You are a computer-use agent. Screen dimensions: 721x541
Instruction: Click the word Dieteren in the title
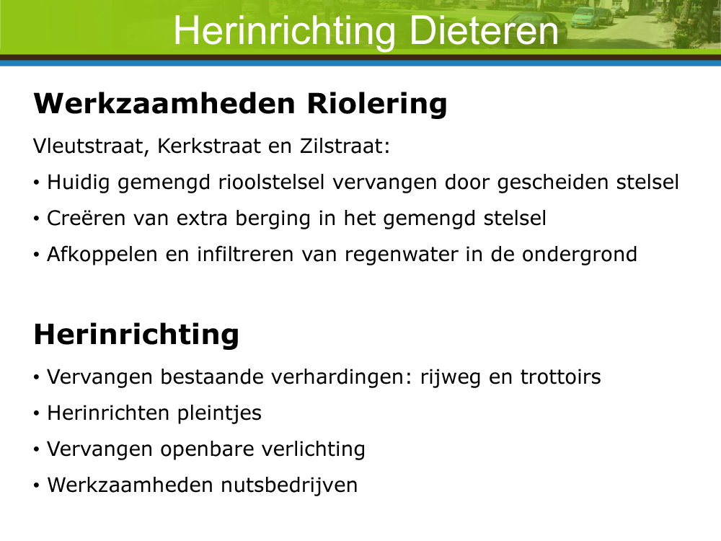point(484,30)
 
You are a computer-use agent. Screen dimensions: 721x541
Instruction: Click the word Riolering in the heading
point(377,104)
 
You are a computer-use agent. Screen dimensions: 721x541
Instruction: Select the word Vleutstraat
point(91,146)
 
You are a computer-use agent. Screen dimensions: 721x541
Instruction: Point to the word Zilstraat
point(345,146)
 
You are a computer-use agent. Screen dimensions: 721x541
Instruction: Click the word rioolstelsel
point(271,182)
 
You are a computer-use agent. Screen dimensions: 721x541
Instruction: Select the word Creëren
point(86,218)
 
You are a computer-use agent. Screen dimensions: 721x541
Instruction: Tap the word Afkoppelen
point(102,255)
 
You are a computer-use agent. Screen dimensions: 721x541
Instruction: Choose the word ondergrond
point(580,255)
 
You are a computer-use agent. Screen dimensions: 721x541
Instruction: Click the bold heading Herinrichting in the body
point(136,334)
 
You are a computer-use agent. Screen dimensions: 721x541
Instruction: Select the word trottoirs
point(560,377)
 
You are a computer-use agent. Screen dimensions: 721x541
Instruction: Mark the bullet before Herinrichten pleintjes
point(36,413)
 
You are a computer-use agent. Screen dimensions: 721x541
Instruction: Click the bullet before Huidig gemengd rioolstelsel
point(36,183)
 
